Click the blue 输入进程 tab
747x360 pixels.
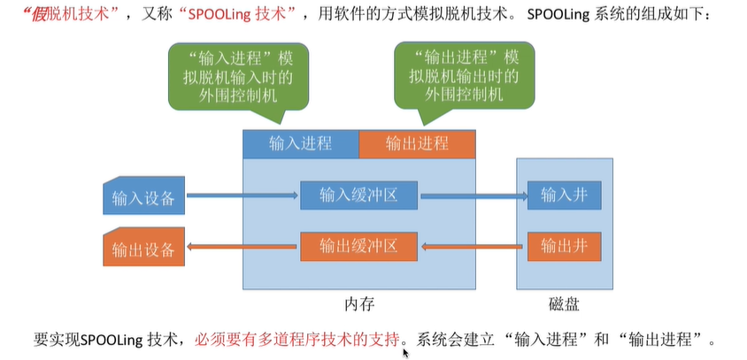[x=301, y=143]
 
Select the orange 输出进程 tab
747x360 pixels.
[x=417, y=143]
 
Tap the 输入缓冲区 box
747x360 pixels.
[x=359, y=195]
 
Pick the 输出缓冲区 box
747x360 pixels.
[x=359, y=245]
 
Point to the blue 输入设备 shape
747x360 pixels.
[x=142, y=197]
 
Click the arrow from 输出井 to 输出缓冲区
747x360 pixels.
[x=474, y=246]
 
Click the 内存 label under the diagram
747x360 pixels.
[x=360, y=303]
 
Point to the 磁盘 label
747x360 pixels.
[x=564, y=303]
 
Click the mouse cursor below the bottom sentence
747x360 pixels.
[x=405, y=351]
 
